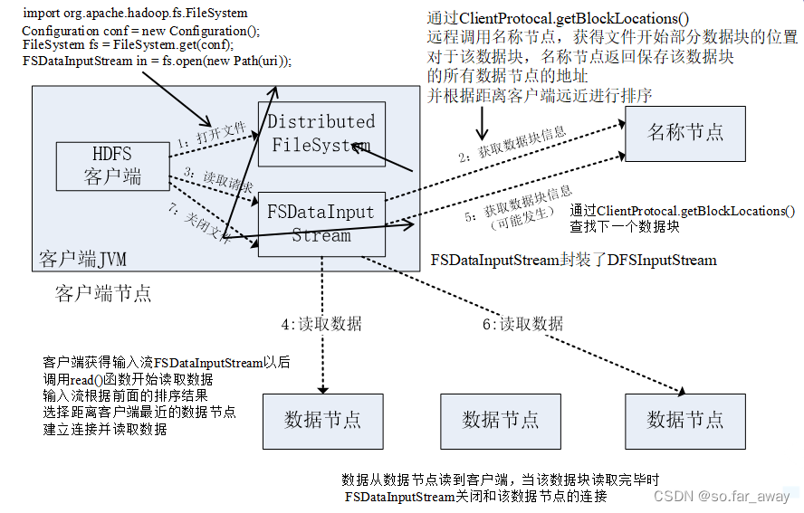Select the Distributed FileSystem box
point(321,133)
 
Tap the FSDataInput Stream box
point(321,223)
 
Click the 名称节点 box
point(685,133)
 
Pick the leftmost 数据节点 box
point(322,420)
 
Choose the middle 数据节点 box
point(500,420)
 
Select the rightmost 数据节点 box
point(685,420)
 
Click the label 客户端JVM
point(82,261)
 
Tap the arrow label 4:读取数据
point(321,323)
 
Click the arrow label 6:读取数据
point(522,323)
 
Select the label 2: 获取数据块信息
point(512,145)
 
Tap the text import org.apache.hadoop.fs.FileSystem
point(135,13)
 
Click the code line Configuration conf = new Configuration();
point(140,31)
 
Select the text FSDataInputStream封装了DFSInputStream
point(573,261)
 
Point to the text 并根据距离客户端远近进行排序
point(539,95)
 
